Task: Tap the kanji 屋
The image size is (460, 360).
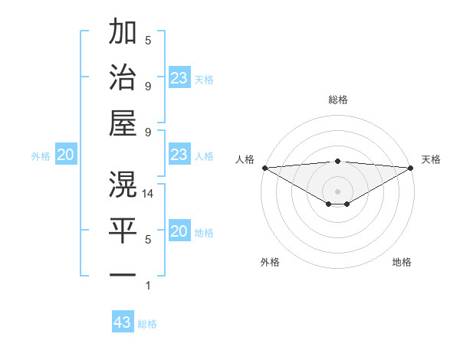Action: (123, 123)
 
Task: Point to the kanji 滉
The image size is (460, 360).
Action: (123, 184)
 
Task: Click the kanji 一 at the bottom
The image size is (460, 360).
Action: (123, 274)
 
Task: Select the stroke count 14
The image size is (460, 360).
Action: (149, 194)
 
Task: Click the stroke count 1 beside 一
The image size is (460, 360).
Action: (148, 286)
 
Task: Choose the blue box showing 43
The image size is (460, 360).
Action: (123, 322)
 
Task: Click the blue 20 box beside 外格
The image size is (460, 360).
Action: (65, 155)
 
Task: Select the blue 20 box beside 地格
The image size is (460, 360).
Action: (179, 232)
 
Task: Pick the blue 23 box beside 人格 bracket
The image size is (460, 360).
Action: (179, 155)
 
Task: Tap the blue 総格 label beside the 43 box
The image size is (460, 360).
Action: (147, 324)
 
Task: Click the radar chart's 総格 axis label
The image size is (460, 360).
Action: (337, 100)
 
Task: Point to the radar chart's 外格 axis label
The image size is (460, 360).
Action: (270, 262)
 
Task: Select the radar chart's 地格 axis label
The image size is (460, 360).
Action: (402, 262)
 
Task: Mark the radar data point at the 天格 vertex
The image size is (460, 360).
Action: (410, 168)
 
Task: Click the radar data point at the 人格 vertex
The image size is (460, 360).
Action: (264, 168)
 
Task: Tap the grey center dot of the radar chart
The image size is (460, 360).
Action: (337, 191)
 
